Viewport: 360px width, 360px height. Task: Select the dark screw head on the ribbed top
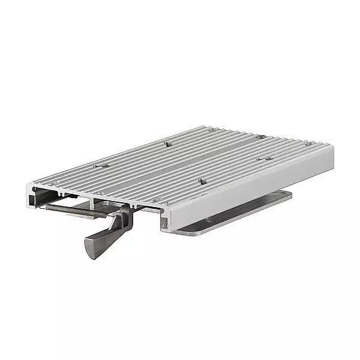point(262,137)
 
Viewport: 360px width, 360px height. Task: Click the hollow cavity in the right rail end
point(170,218)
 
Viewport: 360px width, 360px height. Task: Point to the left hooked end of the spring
point(49,206)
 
